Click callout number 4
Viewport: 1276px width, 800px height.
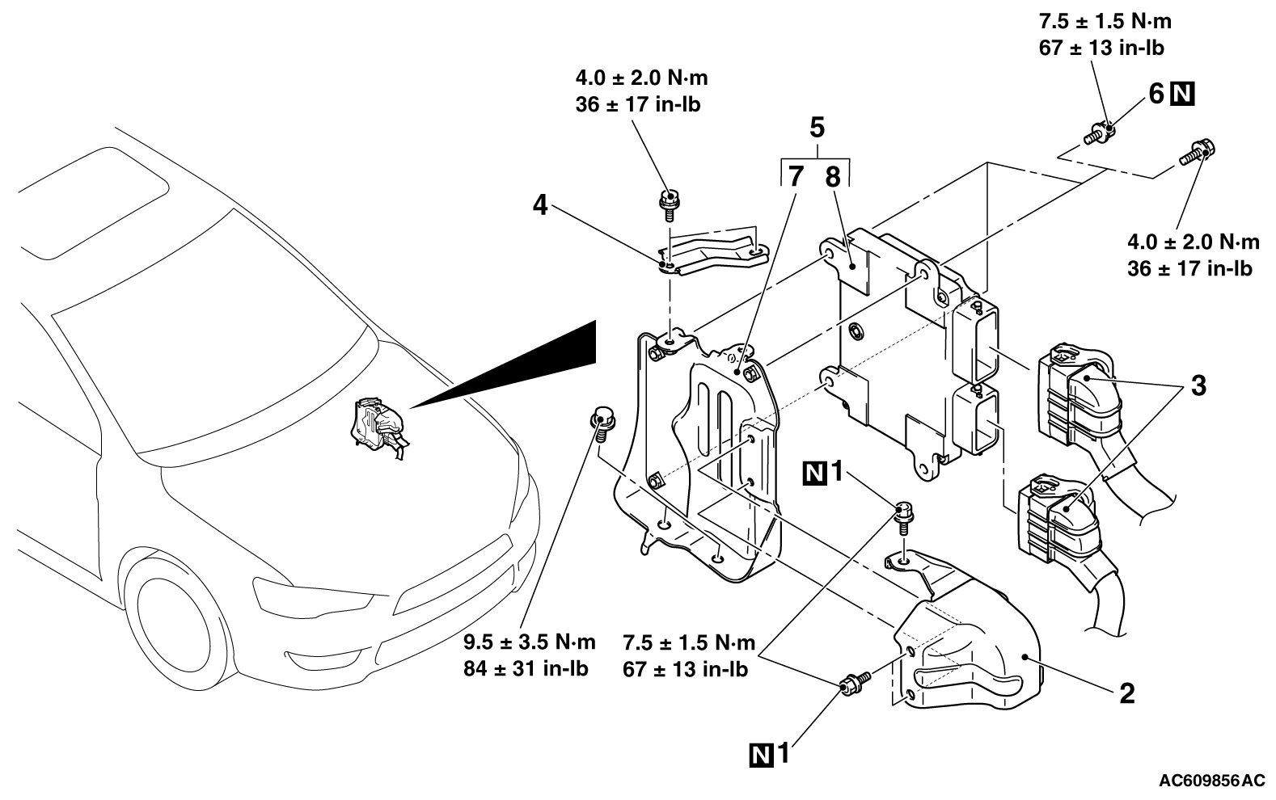[540, 205]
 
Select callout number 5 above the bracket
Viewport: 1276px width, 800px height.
[817, 128]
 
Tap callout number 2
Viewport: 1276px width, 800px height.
[1126, 693]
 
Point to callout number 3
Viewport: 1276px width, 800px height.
[1198, 386]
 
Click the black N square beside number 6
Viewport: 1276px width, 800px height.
[1182, 94]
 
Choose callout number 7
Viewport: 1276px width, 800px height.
[796, 176]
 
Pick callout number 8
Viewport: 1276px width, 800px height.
[833, 177]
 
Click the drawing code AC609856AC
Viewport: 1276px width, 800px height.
[1211, 780]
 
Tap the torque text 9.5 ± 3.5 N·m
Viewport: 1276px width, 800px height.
[529, 642]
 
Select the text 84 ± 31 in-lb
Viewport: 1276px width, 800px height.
[526, 668]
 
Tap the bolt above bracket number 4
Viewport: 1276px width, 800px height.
[670, 204]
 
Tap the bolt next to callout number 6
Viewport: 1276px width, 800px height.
[1098, 134]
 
